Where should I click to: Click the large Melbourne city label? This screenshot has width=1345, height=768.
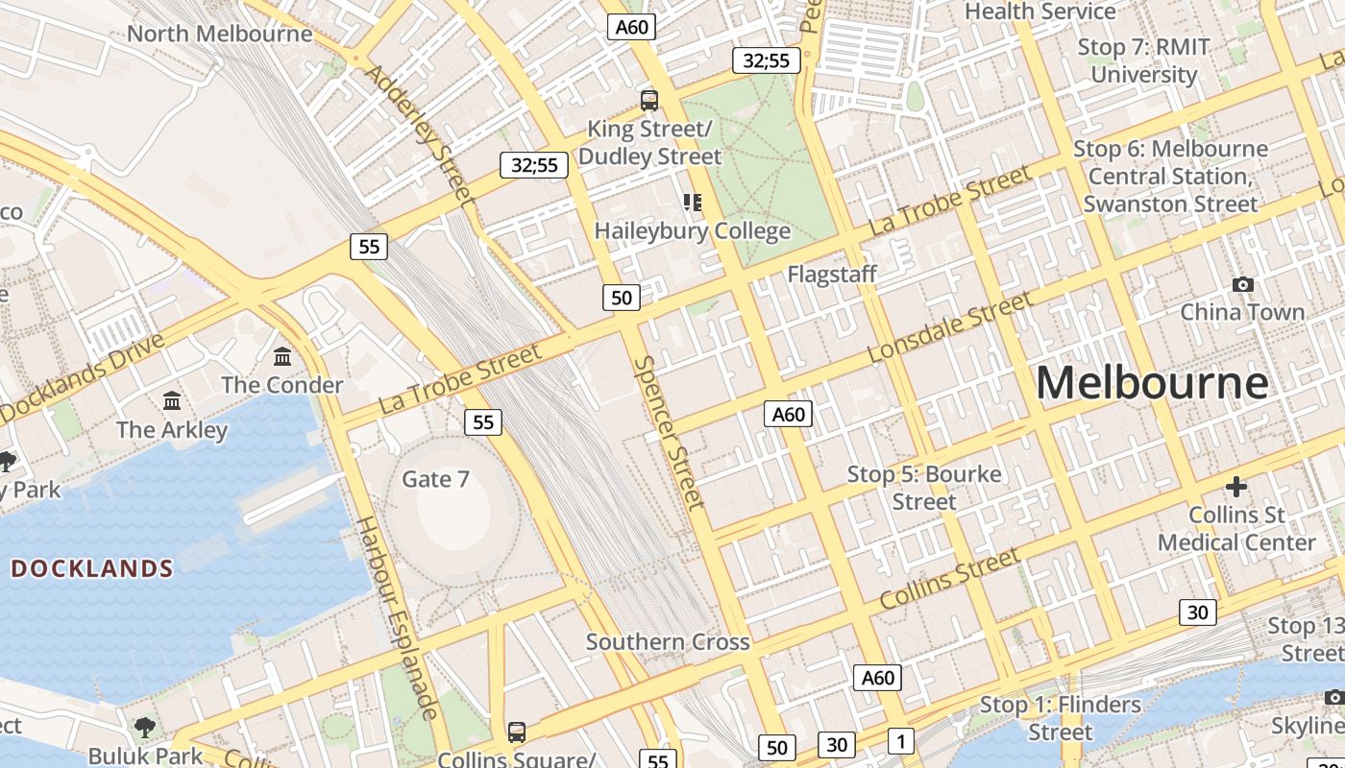click(1152, 383)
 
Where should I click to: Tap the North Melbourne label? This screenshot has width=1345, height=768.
click(219, 34)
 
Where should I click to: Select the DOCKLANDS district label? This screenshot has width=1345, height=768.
click(92, 568)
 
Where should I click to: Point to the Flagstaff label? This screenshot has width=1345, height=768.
click(832, 275)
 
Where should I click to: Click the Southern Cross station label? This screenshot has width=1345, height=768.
click(668, 641)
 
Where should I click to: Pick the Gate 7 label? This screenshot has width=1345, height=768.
click(435, 478)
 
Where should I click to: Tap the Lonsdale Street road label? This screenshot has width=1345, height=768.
click(949, 327)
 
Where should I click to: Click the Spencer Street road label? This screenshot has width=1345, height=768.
click(669, 432)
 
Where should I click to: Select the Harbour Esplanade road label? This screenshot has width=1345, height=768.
click(398, 617)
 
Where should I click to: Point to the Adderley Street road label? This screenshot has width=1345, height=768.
click(421, 134)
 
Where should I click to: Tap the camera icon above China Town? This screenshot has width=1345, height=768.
click(1242, 284)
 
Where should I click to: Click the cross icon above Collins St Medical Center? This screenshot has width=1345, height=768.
click(1235, 487)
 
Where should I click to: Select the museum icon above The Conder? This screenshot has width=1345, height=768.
click(282, 357)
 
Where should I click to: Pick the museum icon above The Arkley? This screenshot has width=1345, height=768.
click(172, 400)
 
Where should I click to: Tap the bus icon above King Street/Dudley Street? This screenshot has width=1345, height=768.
click(649, 100)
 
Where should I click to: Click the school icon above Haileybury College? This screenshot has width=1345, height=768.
click(692, 202)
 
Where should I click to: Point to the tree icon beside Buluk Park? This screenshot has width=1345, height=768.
click(145, 727)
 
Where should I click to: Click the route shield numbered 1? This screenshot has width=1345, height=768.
click(899, 741)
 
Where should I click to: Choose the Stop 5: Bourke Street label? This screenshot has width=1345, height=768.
click(924, 488)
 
